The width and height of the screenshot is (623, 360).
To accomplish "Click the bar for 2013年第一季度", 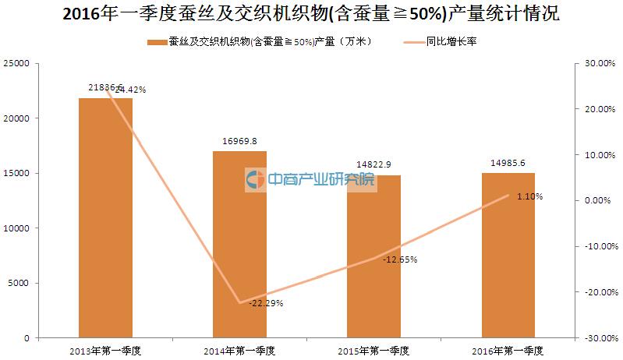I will [105, 218].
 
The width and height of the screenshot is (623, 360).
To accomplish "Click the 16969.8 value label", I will [239, 141].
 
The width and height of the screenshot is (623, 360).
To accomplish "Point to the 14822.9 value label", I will [373, 165].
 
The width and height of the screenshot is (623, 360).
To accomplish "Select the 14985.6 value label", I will [508, 164].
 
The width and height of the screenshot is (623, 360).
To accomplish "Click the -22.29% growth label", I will [265, 303].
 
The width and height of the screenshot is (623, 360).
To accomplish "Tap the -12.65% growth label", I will [400, 259].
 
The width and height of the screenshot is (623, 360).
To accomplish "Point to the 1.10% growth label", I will [529, 197].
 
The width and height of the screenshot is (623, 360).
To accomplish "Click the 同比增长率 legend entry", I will [451, 42].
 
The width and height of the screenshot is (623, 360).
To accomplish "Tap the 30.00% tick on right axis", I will [597, 63].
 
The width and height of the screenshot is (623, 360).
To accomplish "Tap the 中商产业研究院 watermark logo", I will [310, 180].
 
